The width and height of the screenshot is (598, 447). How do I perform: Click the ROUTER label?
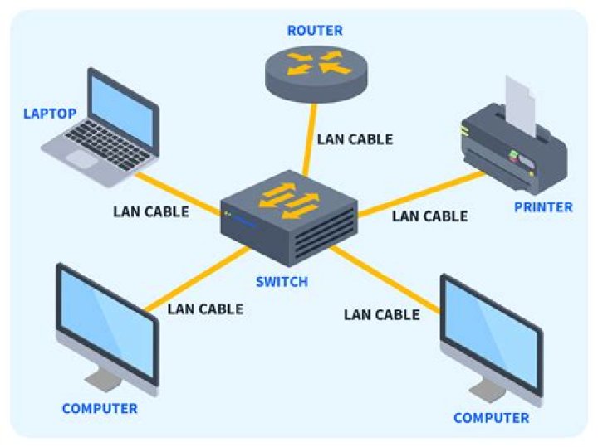[315, 32]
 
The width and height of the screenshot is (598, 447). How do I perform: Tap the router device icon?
[316, 68]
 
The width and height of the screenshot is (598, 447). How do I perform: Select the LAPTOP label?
[49, 114]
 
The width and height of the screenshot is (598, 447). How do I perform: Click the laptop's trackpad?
[83, 158]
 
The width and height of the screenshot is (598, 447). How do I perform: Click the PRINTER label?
[543, 207]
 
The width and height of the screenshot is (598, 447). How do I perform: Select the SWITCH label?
[282, 282]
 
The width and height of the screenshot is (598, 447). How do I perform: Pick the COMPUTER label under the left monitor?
[100, 409]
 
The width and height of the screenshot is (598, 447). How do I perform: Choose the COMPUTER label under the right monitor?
[491, 418]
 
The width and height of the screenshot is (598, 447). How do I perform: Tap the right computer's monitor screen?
[490, 332]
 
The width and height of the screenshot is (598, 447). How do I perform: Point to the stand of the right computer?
[486, 387]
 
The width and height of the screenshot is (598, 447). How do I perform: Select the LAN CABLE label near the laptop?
[151, 211]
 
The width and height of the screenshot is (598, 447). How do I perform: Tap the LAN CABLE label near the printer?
[429, 216]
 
